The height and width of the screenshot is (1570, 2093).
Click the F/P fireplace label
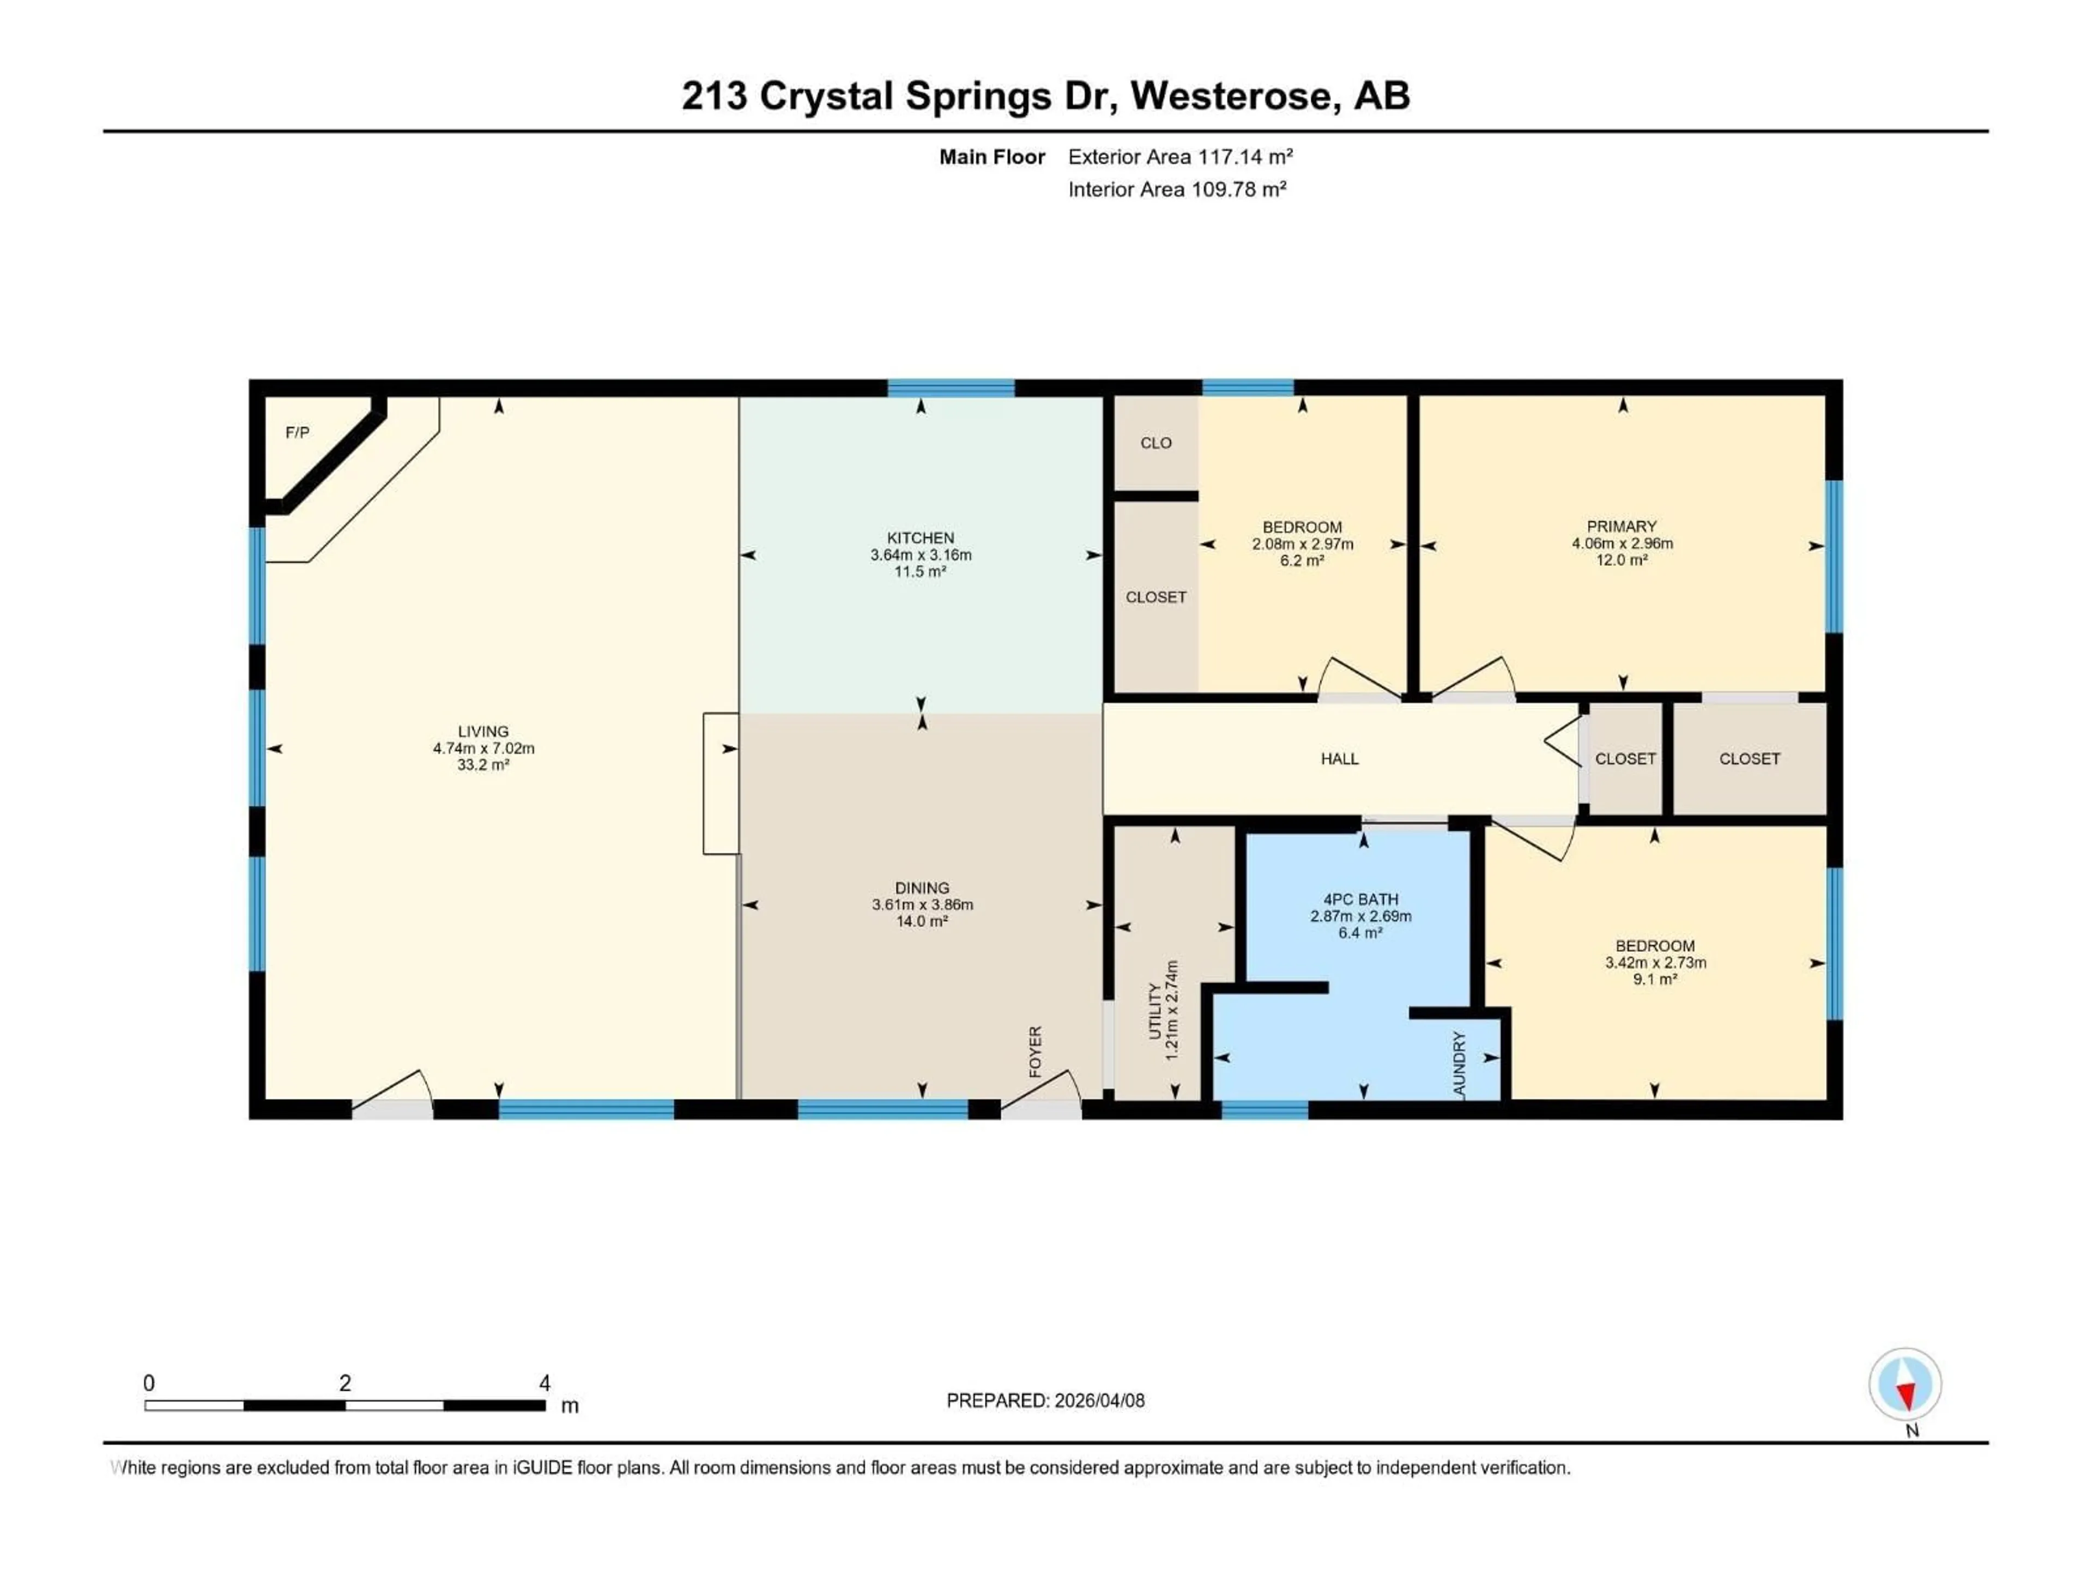pos(297,432)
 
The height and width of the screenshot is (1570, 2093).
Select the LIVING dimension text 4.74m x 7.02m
pos(483,747)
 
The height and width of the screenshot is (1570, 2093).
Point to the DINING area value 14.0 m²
pos(922,921)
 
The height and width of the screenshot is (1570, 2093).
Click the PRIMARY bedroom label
pos(1622,526)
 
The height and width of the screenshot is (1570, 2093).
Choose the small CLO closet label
pos(1156,443)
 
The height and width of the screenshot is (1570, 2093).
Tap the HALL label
pos(1339,759)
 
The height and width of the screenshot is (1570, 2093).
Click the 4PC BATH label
pos(1360,899)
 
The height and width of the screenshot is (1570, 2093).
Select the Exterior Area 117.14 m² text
pos(1180,157)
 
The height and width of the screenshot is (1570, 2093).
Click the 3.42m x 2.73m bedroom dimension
pos(1655,962)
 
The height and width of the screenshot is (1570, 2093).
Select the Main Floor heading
pos(991,157)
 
